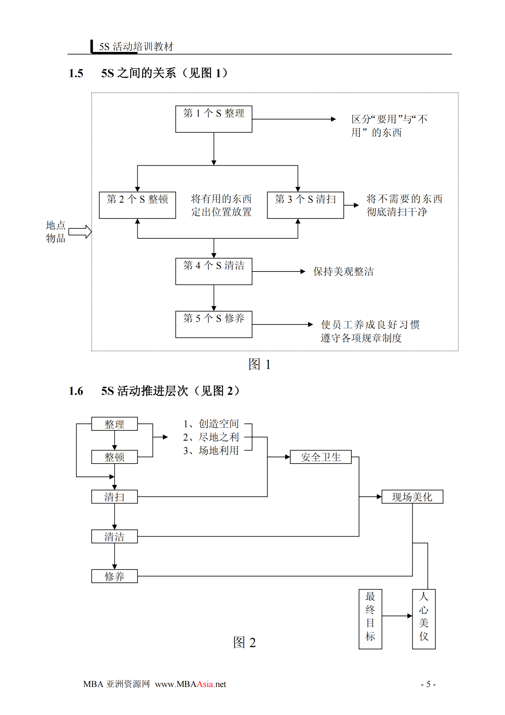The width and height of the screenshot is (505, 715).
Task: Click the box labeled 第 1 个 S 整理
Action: click(213, 119)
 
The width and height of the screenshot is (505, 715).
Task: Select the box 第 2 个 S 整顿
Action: click(137, 205)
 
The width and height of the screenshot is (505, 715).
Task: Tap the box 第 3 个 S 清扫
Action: click(305, 205)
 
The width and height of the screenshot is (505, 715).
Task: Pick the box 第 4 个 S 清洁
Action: click(213, 271)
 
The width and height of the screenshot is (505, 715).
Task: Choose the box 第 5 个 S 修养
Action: click(213, 324)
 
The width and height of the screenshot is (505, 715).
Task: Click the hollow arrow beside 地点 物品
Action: click(80, 232)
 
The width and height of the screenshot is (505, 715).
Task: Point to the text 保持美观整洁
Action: click(343, 271)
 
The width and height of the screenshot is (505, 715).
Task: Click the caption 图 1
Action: click(259, 364)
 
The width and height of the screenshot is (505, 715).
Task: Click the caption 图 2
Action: click(244, 642)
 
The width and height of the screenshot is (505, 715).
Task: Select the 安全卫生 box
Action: click(321, 457)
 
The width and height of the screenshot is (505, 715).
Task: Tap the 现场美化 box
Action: click(412, 497)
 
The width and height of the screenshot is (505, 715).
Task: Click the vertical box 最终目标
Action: click(370, 619)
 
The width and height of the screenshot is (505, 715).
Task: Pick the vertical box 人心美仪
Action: click(423, 619)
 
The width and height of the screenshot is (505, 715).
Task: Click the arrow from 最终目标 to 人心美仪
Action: click(397, 616)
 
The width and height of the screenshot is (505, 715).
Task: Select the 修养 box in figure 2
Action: click(114, 576)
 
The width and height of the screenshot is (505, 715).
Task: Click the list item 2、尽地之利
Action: click(211, 437)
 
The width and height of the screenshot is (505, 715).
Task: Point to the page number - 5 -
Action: click(428, 684)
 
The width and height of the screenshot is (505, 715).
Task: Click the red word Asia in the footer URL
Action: click(205, 684)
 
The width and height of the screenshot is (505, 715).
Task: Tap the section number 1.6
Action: click(76, 391)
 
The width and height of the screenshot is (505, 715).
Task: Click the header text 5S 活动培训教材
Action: click(136, 47)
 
